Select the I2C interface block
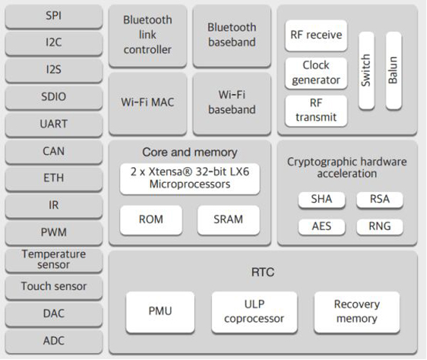53,43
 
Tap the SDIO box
53,97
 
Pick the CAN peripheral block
53,152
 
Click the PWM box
53,233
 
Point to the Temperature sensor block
53,260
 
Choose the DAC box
53,314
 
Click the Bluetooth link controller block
147,35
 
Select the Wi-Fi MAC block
147,102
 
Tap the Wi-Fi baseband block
232,102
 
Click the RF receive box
316,35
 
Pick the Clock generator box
316,73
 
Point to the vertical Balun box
392,70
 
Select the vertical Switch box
366,70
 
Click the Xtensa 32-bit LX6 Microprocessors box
190,178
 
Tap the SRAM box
228,220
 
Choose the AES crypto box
321,227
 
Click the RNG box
379,227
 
